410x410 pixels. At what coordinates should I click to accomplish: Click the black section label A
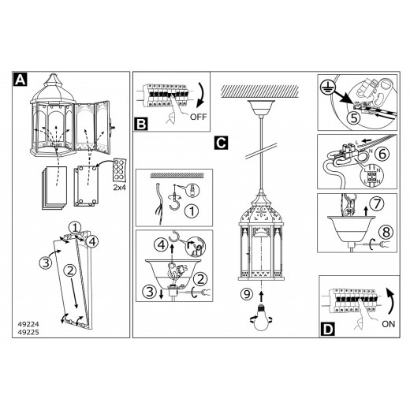(20, 79)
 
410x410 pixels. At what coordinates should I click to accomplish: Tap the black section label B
(141, 124)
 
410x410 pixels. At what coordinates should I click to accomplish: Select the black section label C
(221, 143)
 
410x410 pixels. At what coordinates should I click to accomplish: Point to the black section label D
(327, 330)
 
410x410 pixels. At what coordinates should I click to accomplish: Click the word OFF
(199, 117)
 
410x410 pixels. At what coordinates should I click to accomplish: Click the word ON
(389, 324)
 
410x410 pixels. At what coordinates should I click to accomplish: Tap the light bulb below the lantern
(261, 318)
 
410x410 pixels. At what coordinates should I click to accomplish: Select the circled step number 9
(247, 294)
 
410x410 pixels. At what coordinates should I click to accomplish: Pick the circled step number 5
(354, 118)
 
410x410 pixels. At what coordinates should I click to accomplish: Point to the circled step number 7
(377, 203)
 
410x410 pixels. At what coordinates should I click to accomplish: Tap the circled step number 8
(386, 232)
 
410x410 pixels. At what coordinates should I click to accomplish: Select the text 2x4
(120, 188)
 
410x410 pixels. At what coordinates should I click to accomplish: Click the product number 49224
(28, 324)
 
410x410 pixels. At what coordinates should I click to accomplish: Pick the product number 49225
(28, 332)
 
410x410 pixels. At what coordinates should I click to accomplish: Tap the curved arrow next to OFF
(202, 95)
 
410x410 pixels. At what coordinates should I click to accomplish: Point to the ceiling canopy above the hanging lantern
(261, 107)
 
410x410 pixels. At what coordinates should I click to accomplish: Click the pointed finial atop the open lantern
(54, 80)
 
